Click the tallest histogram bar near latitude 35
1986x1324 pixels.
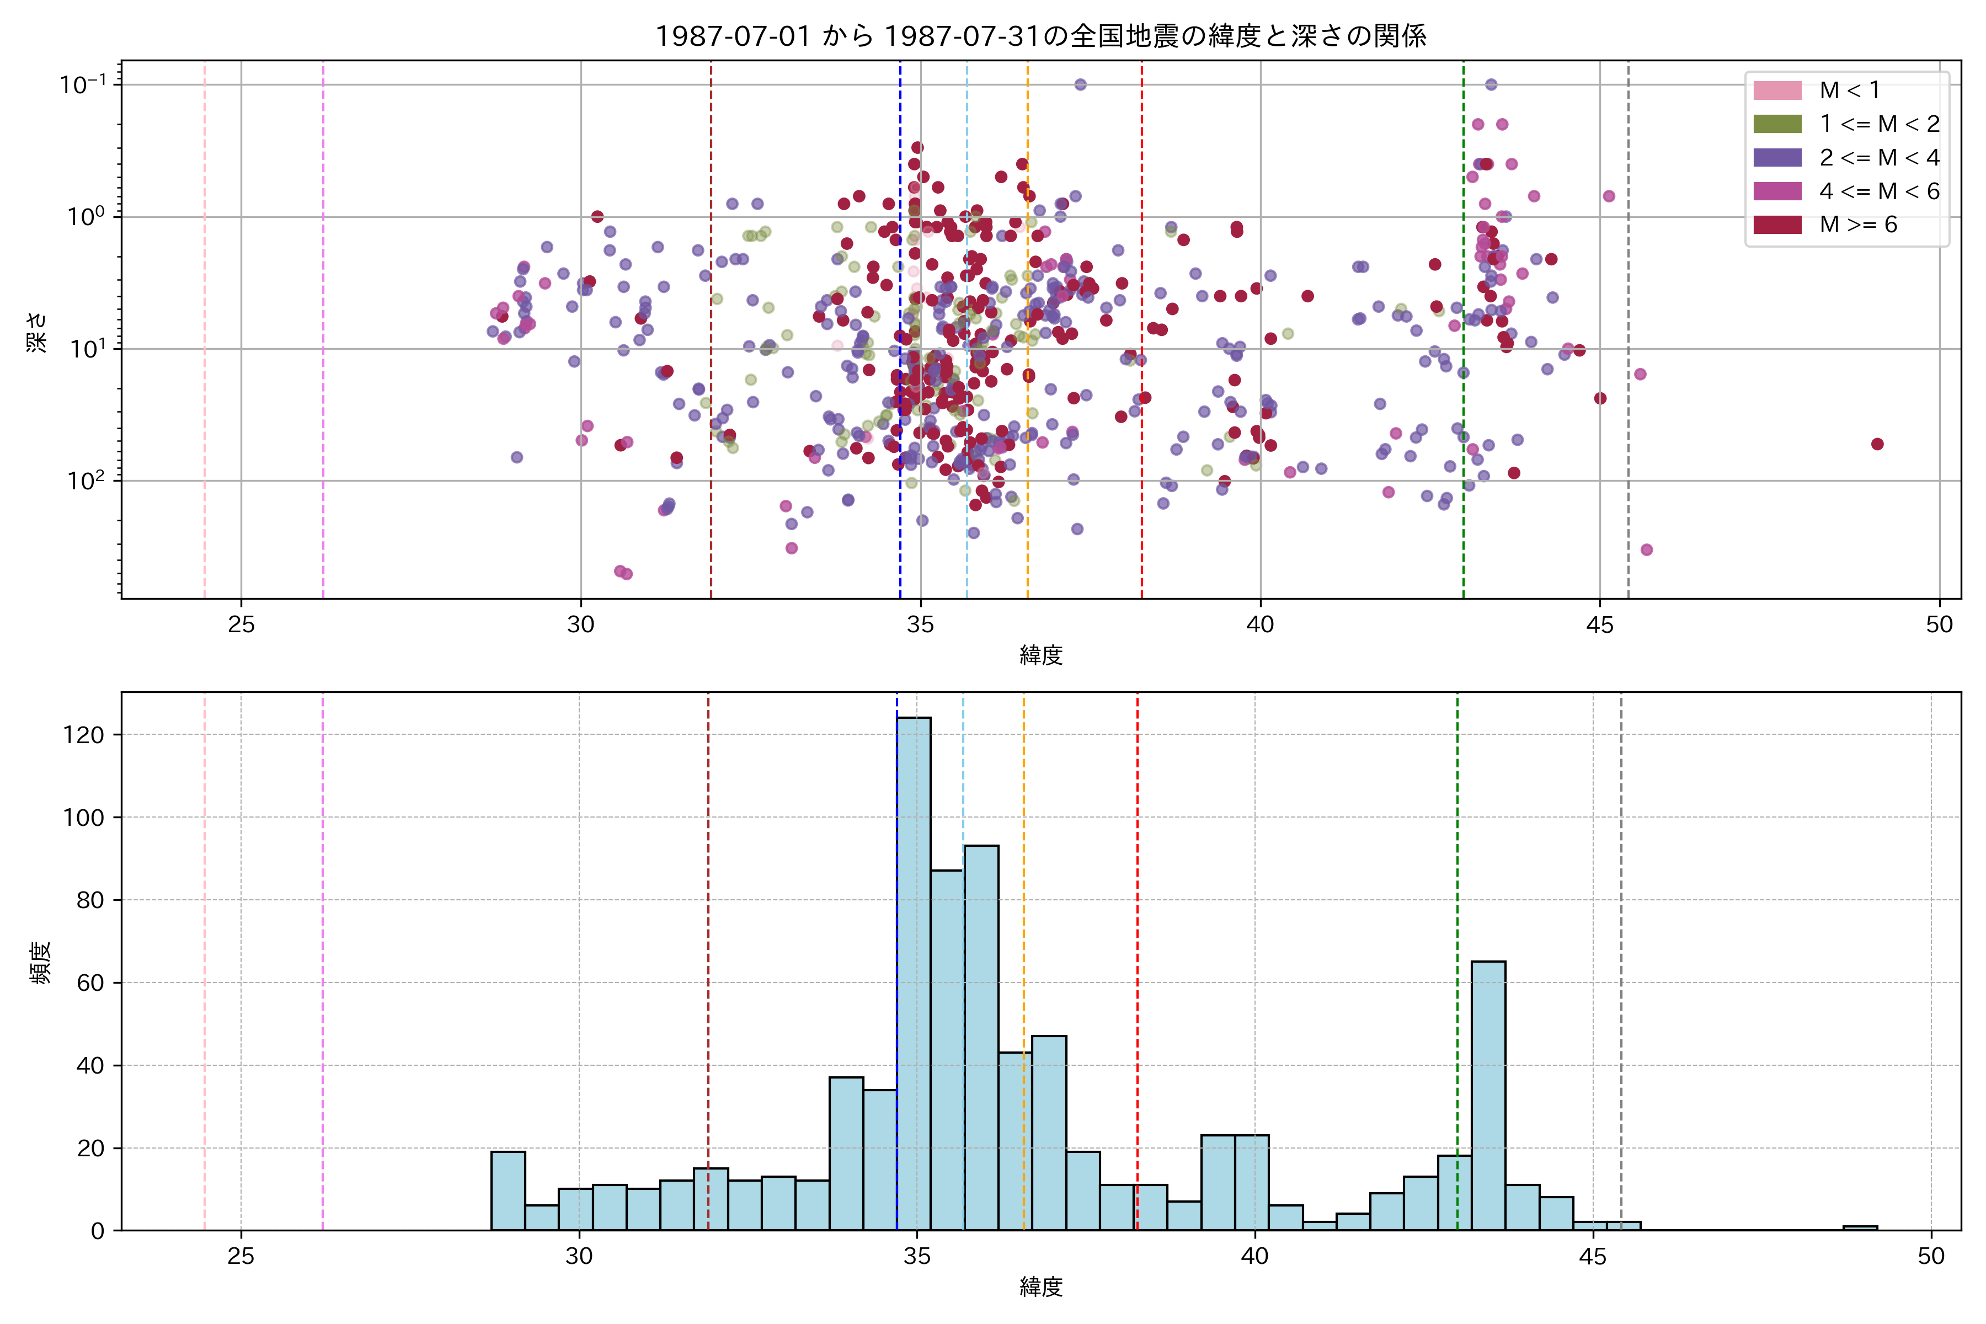pos(914,971)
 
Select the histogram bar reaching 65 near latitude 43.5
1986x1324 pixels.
pos(1488,1098)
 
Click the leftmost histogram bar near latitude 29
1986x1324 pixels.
pos(508,1190)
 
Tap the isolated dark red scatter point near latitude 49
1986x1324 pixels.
pos(1877,444)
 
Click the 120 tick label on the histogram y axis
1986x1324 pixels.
pos(84,735)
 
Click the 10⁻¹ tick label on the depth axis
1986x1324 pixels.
pos(83,84)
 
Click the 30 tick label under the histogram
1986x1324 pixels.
pos(579,1257)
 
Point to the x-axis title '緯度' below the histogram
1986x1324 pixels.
pos(1040,1287)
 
